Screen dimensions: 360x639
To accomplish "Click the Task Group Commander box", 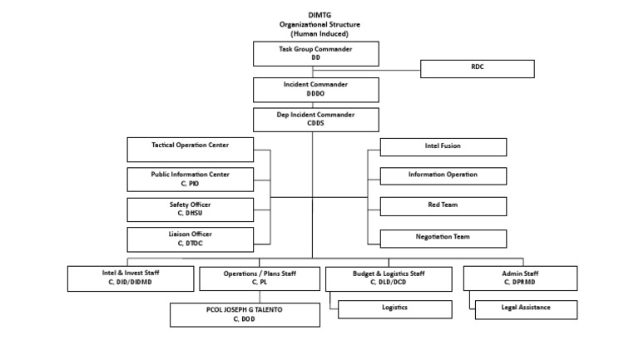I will (315, 54).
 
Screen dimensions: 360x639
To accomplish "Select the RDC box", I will (477, 68).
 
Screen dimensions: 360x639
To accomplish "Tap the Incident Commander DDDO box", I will (315, 90).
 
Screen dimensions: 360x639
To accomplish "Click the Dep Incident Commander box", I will (315, 119).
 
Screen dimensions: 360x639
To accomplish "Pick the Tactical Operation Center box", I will (190, 150).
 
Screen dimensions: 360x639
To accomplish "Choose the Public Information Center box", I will (190, 179).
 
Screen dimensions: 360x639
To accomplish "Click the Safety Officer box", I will (190, 209).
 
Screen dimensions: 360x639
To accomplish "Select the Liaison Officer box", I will (190, 239).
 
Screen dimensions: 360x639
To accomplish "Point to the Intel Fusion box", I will (443, 146).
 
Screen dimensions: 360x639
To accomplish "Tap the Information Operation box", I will (443, 175).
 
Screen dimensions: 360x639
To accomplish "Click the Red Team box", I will (443, 205).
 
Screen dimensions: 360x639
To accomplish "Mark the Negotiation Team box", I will (443, 238).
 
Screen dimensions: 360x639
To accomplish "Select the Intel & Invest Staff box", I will (131, 278).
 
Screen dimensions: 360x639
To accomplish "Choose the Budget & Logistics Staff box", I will (389, 278).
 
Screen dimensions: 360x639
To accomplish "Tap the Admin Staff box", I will (519, 278).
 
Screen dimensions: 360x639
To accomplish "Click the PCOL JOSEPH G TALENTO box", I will (245, 314).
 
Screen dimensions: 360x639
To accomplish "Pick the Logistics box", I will (395, 308).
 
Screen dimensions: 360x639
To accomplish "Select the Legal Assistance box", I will (526, 308).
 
